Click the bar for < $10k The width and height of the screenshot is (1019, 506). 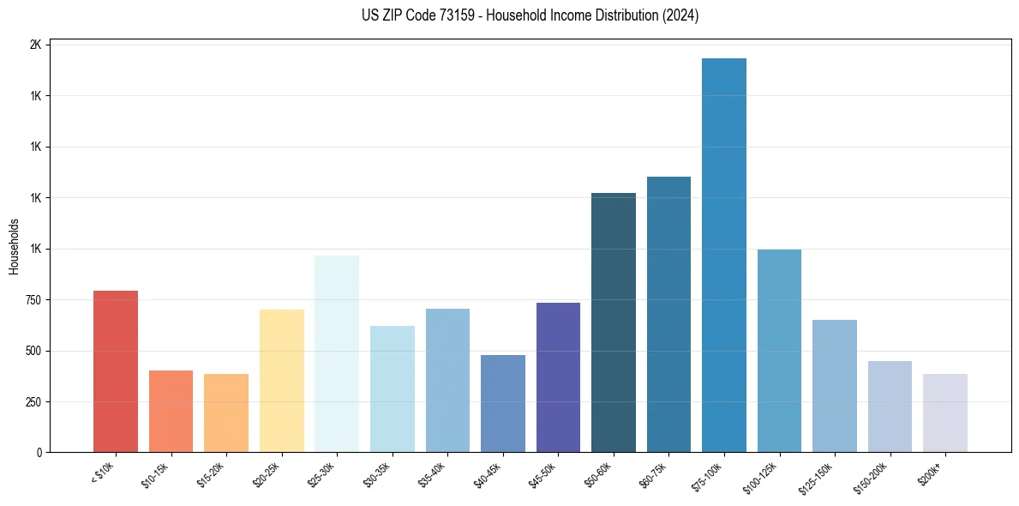pyautogui.click(x=115, y=371)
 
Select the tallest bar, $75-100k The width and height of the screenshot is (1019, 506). pyautogui.click(x=723, y=255)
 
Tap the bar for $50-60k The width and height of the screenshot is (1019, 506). pyautogui.click(x=613, y=322)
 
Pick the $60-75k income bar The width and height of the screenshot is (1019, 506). pyautogui.click(x=668, y=314)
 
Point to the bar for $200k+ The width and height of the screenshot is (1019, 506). pyautogui.click(x=944, y=413)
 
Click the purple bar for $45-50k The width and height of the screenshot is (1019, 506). pyautogui.click(x=558, y=377)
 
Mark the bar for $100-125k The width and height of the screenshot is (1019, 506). pyautogui.click(x=779, y=351)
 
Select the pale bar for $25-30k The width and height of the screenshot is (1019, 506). pyautogui.click(x=337, y=353)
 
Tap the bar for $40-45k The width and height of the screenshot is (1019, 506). pyautogui.click(x=502, y=403)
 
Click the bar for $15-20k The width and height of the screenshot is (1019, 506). pyautogui.click(x=226, y=413)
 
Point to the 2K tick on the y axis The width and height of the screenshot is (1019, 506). pyautogui.click(x=35, y=45)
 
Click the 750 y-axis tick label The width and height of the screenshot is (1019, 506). pyautogui.click(x=33, y=300)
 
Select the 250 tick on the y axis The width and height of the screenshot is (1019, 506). pyautogui.click(x=33, y=402)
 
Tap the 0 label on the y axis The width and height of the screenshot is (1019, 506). pyautogui.click(x=39, y=453)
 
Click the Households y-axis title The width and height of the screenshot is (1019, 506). pyautogui.click(x=14, y=246)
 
